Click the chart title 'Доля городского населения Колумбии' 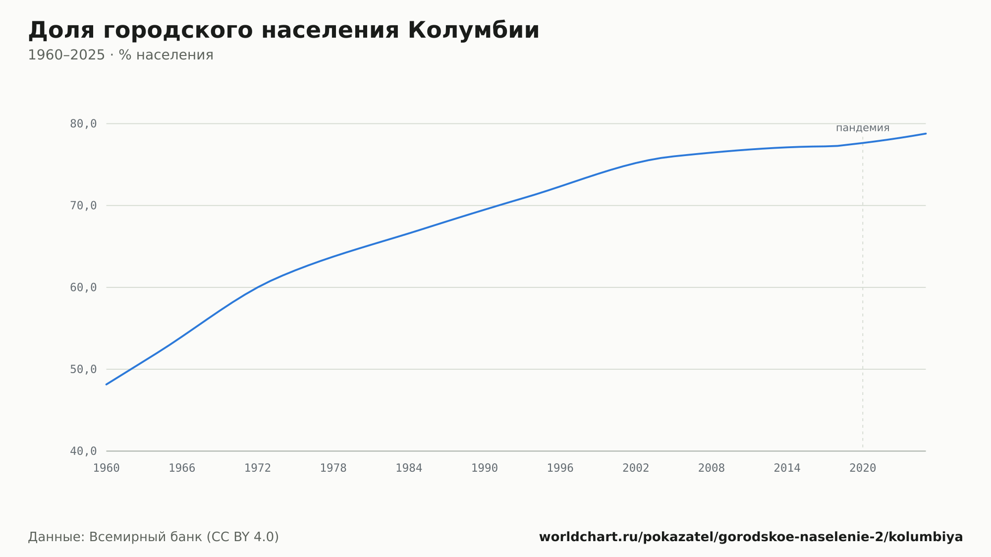[283, 31]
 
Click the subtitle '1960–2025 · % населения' [120, 55]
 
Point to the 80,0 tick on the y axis [83, 124]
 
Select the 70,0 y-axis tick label [83, 206]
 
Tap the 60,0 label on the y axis [83, 287]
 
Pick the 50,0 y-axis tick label [83, 369]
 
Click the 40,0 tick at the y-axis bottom [83, 451]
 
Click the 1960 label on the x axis [107, 468]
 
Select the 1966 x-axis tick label [182, 468]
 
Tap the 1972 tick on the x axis [258, 468]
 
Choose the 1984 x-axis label [409, 468]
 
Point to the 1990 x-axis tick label [485, 468]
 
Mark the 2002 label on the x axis [636, 468]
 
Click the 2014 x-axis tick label [787, 468]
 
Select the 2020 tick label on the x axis [863, 468]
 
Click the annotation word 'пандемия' [863, 128]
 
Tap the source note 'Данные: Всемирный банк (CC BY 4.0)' [154, 537]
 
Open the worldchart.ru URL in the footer [751, 537]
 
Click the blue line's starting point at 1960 [107, 385]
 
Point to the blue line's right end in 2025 [926, 133]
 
